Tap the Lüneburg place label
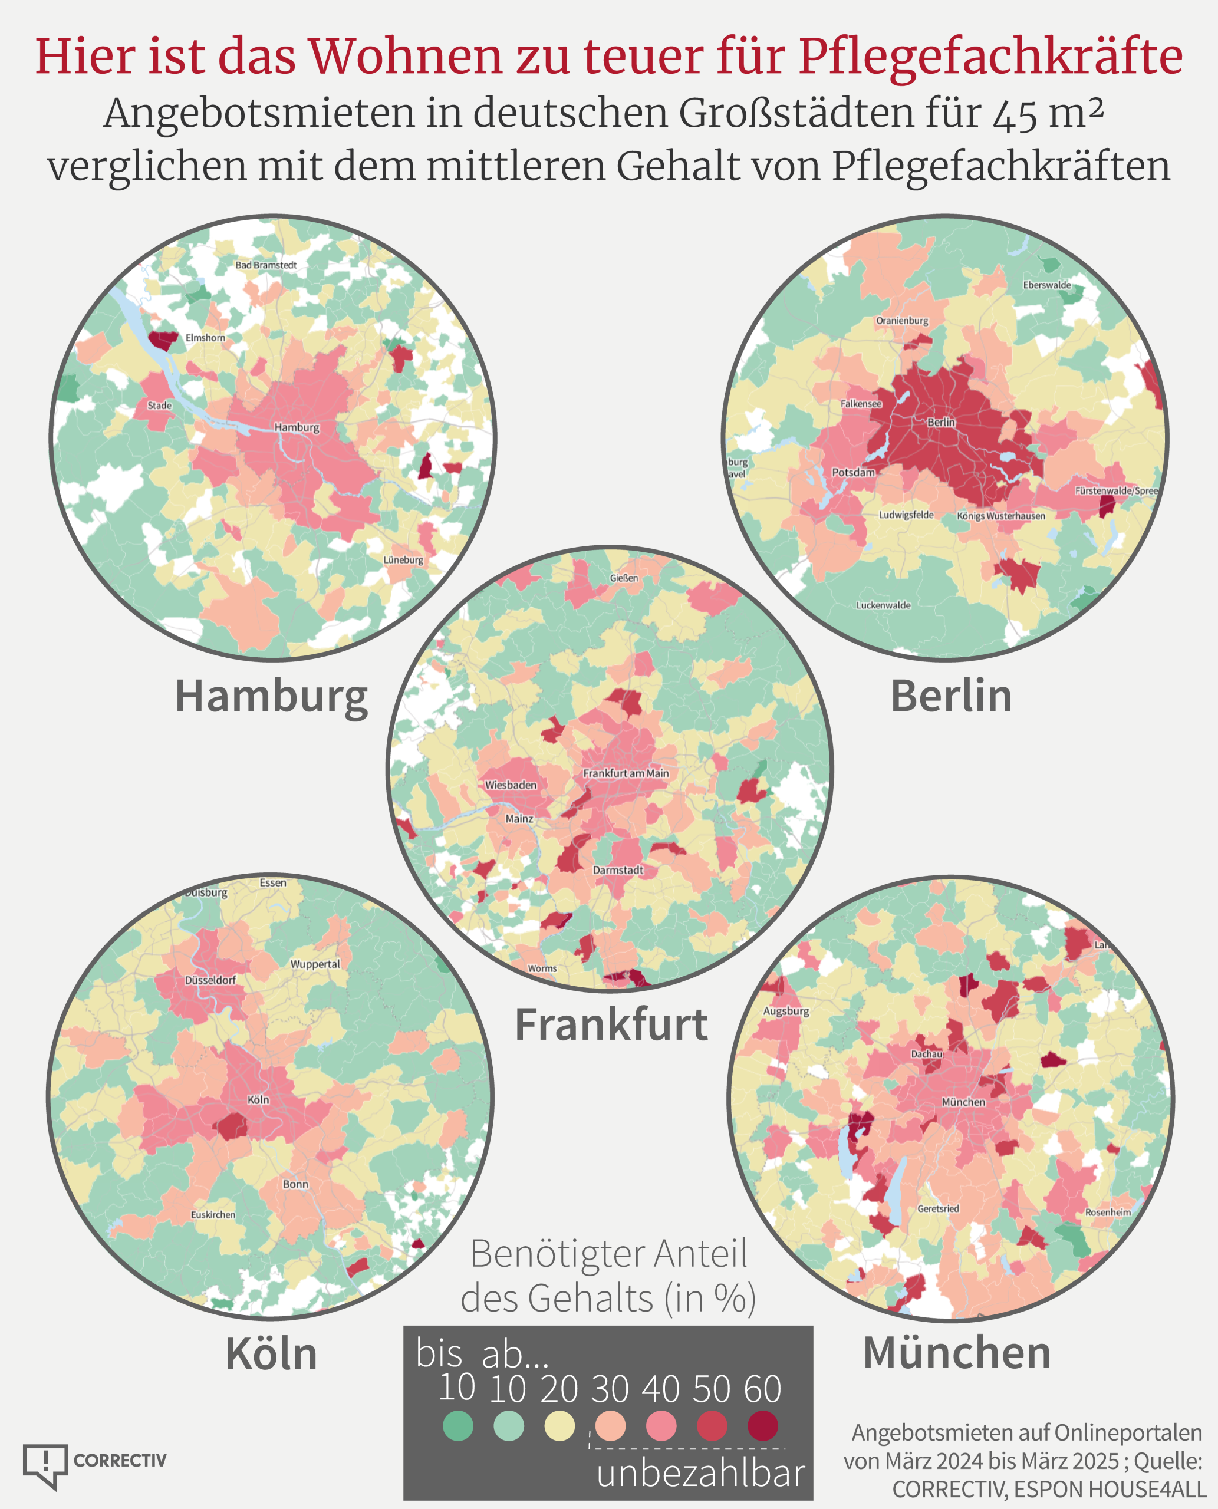[x=403, y=560]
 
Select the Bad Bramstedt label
[x=266, y=265]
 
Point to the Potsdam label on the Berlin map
[x=853, y=473]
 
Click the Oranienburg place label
[x=901, y=321]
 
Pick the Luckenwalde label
[x=883, y=605]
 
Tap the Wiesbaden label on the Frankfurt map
[x=510, y=785]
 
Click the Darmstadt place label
[x=617, y=870]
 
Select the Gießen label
[x=624, y=578]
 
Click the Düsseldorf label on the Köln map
[x=210, y=980]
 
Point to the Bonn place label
[x=295, y=1184]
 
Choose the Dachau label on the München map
[x=926, y=1055]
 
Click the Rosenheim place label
[x=1108, y=1213]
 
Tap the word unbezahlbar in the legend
[x=700, y=1473]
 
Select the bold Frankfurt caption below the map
[x=611, y=1025]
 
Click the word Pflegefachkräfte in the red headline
[x=990, y=56]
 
